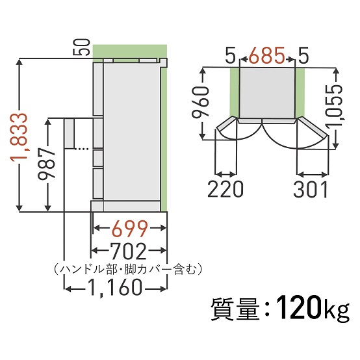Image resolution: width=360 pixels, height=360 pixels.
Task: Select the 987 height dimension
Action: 56,165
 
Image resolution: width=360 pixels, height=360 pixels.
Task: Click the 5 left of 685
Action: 230,57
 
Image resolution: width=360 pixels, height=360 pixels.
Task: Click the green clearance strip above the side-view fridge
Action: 129,51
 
